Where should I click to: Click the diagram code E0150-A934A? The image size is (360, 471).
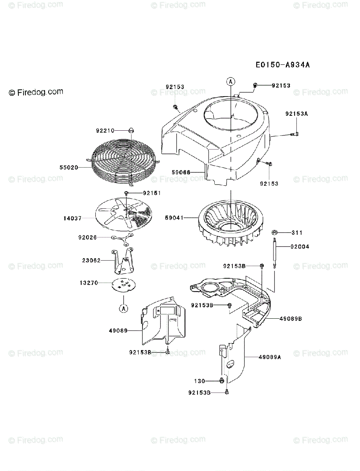283,65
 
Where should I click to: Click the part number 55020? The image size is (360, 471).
69,167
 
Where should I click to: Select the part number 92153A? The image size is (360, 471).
297,114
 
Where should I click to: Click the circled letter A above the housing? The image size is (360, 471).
231,81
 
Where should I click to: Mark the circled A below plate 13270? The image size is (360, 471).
123,308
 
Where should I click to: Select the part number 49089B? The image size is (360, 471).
291,319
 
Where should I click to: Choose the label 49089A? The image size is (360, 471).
270,357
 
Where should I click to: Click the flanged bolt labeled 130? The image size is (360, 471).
222,380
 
